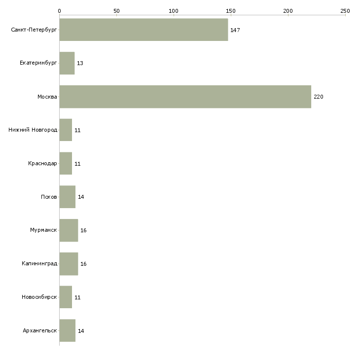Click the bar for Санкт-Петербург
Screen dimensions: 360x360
click(x=144, y=30)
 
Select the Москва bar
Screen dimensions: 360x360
click(x=185, y=97)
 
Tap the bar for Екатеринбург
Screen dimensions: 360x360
click(x=67, y=63)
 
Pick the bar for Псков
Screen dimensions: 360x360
click(x=67, y=197)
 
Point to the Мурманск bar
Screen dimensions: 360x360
click(x=69, y=230)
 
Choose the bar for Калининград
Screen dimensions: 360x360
click(x=69, y=264)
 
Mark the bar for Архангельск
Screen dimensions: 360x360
click(x=67, y=330)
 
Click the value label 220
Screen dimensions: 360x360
click(x=319, y=97)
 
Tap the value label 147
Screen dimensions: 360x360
click(x=235, y=30)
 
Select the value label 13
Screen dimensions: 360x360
click(x=80, y=64)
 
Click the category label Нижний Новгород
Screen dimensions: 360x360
click(x=33, y=130)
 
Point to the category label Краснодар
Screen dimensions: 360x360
click(x=42, y=163)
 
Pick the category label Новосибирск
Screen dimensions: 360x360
click(x=39, y=297)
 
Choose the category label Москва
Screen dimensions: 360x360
click(x=47, y=97)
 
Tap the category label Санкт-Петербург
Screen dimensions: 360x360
click(x=34, y=30)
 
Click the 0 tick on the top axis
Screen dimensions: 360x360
click(x=59, y=10)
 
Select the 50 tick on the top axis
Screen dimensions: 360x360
click(x=116, y=10)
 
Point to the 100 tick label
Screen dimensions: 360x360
click(x=174, y=10)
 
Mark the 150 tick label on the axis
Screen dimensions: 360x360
click(x=231, y=10)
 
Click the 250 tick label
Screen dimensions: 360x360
click(x=345, y=10)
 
